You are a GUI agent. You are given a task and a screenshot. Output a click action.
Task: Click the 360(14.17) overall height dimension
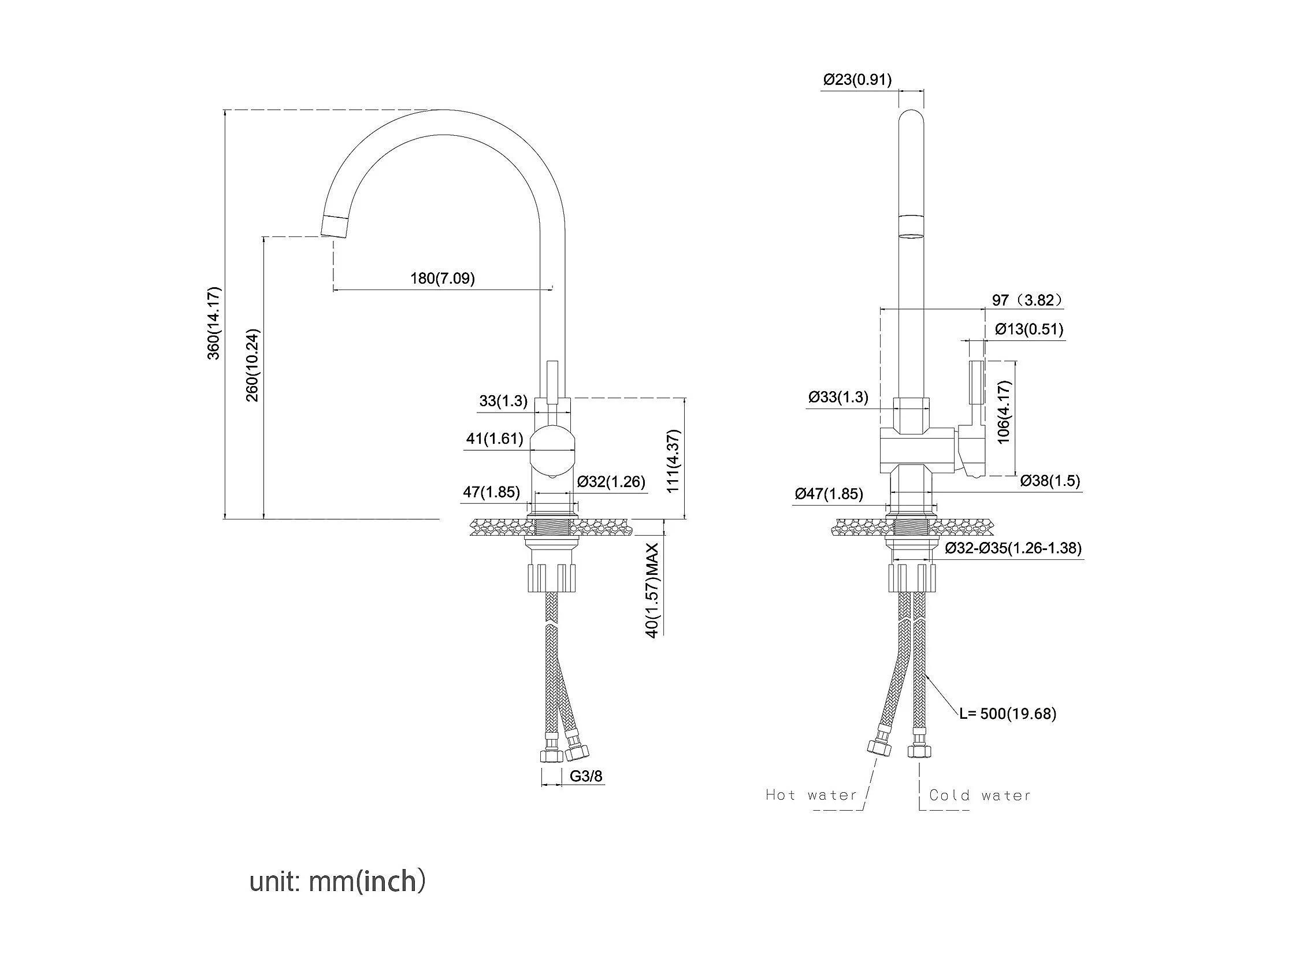[x=214, y=323]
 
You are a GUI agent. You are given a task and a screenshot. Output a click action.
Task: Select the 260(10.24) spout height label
[x=253, y=366]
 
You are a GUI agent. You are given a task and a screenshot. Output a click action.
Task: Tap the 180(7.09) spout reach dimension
[x=442, y=278]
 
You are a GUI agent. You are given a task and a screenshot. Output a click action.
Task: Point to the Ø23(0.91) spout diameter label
[x=857, y=79]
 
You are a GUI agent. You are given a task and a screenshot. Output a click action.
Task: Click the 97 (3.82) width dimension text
[x=1027, y=300]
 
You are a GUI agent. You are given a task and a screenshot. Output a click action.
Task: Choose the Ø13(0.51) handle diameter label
[x=1029, y=329]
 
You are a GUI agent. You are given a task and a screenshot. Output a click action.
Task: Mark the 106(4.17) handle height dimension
[x=1004, y=412]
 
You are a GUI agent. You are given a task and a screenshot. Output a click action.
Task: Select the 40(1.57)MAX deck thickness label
[x=652, y=590]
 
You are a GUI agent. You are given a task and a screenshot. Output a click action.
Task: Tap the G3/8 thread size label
[x=586, y=775]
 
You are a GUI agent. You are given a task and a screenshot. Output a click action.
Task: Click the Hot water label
[x=811, y=795]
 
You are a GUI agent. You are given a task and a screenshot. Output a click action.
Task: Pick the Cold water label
[x=980, y=795]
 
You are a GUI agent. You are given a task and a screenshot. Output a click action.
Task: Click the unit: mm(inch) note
[x=337, y=881]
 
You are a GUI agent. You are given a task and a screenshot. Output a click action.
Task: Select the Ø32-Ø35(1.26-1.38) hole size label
[x=1013, y=548]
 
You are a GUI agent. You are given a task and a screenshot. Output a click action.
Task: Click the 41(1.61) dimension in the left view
[x=495, y=438]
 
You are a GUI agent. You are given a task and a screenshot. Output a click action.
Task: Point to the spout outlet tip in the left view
[x=335, y=226]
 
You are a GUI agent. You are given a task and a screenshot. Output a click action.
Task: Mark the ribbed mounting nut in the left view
[x=552, y=578]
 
